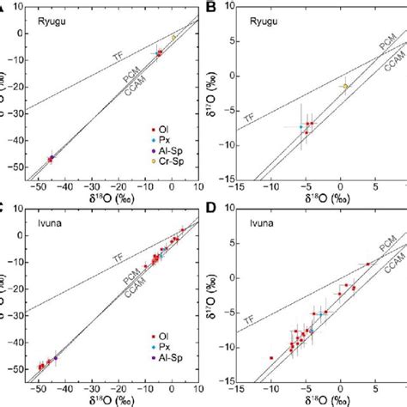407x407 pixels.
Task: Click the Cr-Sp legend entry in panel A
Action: click(x=164, y=161)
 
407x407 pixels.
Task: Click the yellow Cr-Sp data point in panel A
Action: click(x=173, y=38)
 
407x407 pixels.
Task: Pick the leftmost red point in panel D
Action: click(x=271, y=357)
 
